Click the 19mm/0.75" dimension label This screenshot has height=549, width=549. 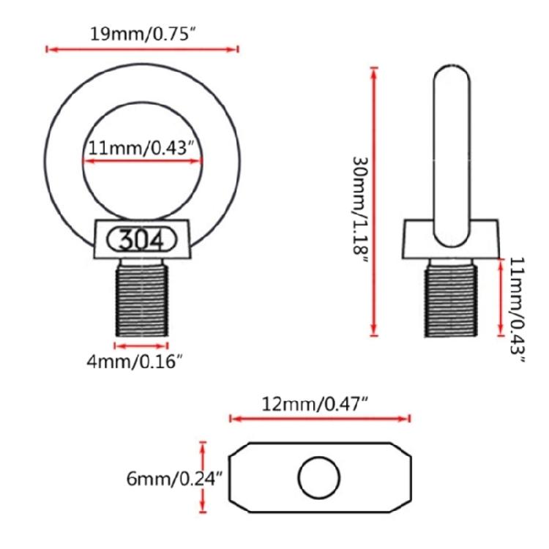click(x=142, y=34)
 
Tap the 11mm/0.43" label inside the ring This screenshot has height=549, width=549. click(x=141, y=148)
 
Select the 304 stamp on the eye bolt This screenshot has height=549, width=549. click(x=142, y=240)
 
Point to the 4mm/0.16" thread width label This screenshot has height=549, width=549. click(x=135, y=361)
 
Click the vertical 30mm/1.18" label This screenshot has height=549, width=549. click(x=360, y=210)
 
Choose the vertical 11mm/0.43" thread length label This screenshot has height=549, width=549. click(x=517, y=310)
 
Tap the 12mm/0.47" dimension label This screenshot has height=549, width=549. click(x=315, y=404)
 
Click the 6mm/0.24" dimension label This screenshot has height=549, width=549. click(x=174, y=478)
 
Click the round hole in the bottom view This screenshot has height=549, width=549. click(x=319, y=477)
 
